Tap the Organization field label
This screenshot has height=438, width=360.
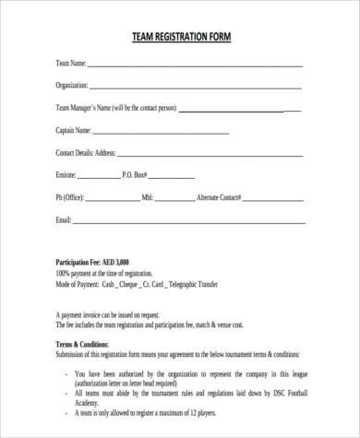tap(72, 86)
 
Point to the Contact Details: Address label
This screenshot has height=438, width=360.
tap(86, 152)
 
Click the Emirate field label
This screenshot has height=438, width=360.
tap(66, 174)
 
